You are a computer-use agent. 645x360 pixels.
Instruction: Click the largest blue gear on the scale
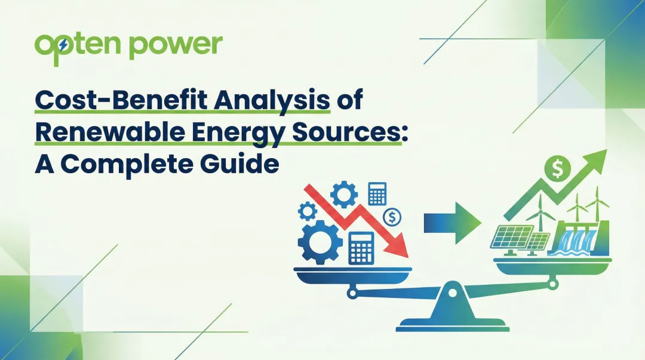320,241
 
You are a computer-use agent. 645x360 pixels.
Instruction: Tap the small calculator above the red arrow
377,195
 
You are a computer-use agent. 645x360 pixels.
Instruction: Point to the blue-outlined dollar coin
393,216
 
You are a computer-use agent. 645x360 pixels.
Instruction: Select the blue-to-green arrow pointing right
453,223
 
